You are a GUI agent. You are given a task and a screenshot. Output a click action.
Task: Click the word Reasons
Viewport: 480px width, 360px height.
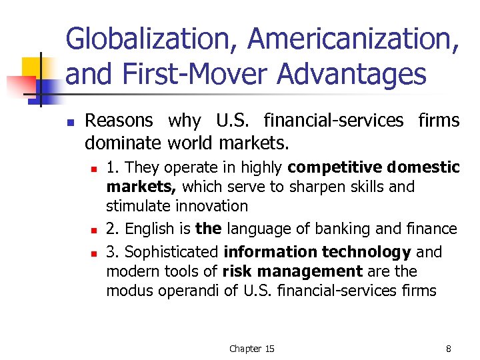119,121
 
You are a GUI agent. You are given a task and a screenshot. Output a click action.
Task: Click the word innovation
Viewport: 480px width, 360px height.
211,206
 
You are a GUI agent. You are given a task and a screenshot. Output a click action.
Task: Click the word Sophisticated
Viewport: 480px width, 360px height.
171,252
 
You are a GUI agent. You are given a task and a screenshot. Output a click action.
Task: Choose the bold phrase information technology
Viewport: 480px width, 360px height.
317,252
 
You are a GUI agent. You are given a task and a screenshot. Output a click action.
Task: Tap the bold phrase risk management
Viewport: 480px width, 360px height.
293,271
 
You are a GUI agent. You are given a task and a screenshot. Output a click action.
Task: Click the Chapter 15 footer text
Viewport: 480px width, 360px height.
251,349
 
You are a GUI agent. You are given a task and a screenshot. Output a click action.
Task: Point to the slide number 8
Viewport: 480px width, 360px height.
449,349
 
